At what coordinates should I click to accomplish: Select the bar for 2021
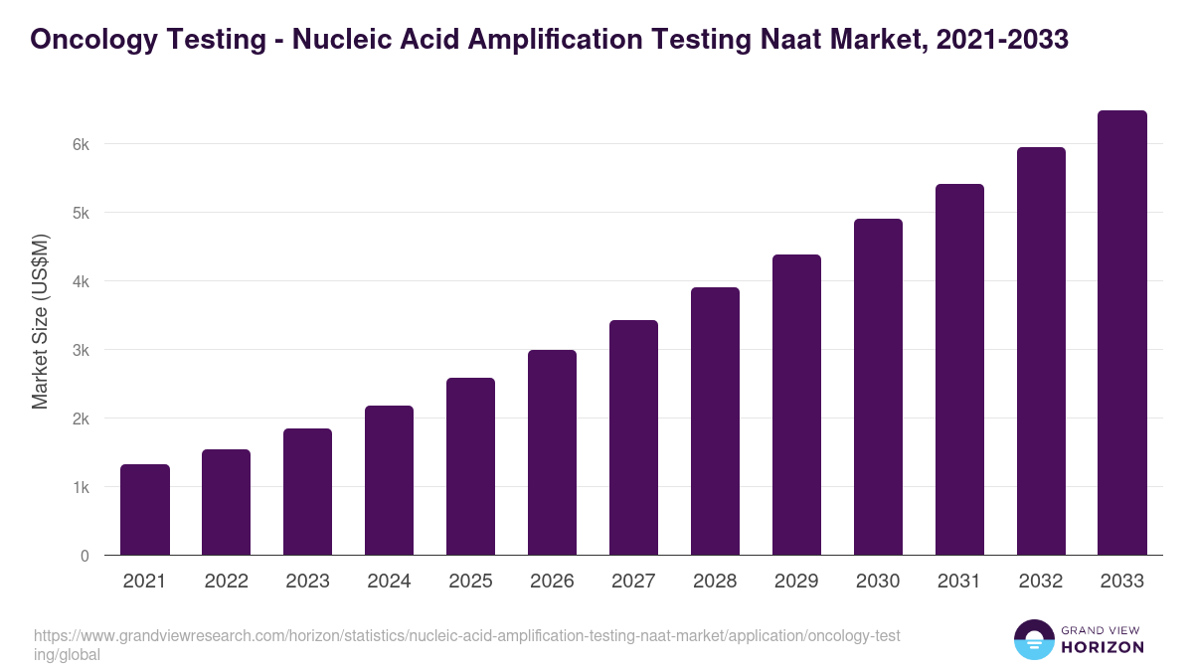click(x=145, y=510)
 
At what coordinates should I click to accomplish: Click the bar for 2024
click(x=390, y=480)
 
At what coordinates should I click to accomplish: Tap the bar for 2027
click(x=633, y=437)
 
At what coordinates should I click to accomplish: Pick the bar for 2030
click(x=878, y=387)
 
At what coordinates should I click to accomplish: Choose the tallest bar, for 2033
click(x=1122, y=333)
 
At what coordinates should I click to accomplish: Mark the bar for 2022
click(x=227, y=502)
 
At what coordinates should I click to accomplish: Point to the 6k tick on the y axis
click(x=81, y=144)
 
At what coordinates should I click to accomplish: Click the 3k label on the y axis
click(x=81, y=350)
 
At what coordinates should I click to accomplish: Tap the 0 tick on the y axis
click(x=85, y=556)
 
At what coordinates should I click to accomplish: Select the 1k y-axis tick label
click(x=81, y=487)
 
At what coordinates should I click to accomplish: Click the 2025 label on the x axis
click(x=470, y=582)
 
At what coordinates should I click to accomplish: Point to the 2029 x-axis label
click(x=796, y=582)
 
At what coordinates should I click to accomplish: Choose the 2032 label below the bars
click(x=1041, y=582)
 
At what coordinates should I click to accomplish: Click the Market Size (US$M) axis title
click(x=40, y=321)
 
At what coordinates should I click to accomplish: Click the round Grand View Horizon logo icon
click(x=1034, y=639)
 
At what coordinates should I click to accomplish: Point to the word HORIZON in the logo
click(x=1103, y=647)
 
